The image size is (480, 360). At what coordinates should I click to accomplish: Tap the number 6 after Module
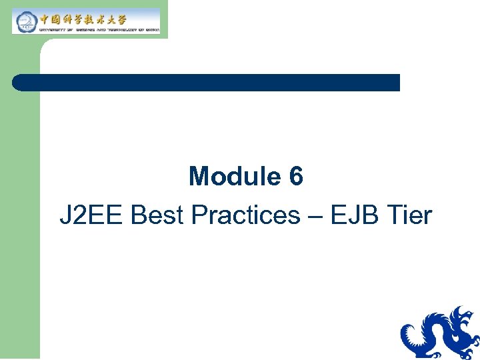(296, 177)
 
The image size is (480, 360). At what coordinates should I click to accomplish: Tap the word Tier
(409, 215)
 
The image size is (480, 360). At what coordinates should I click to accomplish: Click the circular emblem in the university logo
(25, 22)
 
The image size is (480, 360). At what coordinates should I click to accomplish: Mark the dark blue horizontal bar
(206, 83)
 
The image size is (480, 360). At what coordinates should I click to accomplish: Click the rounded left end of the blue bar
(17, 83)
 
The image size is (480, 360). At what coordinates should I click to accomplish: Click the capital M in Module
(199, 177)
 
